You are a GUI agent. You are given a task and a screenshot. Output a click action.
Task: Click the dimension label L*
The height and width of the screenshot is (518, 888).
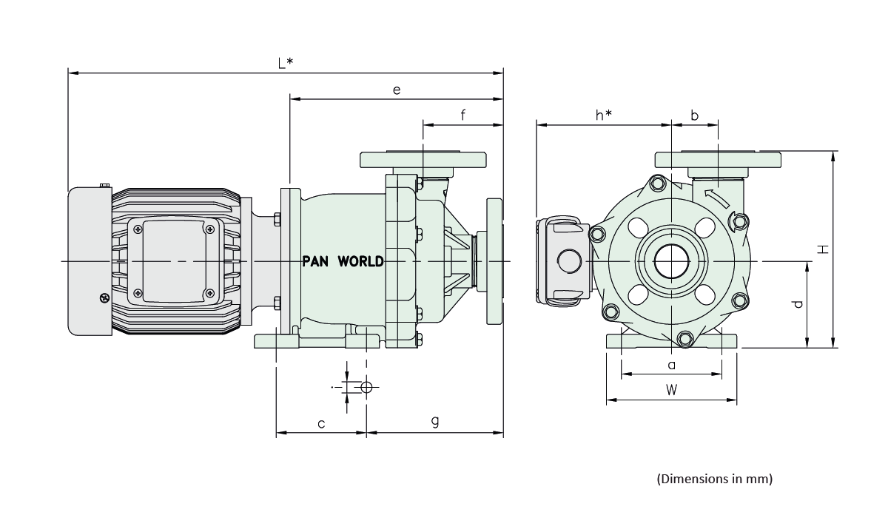pos(286,63)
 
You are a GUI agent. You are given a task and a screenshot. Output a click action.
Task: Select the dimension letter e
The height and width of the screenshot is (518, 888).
pos(397,90)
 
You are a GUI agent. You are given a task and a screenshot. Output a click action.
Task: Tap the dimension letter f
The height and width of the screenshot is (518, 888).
pos(462,115)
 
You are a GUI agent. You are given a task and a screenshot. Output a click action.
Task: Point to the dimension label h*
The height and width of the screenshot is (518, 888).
pos(603,115)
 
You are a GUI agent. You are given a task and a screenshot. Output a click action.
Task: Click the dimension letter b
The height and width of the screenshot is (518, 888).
pos(694,115)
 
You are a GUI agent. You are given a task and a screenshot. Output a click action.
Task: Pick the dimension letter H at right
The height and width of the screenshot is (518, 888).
pos(822,249)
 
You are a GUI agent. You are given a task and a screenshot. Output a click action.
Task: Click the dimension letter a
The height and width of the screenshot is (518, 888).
pos(671,365)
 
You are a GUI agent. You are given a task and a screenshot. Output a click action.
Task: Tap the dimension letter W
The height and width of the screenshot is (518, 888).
pos(670,391)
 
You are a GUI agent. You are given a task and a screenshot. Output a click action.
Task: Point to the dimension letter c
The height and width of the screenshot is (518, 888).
pos(321,423)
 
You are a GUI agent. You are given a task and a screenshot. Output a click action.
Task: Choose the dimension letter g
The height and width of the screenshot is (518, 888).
pos(435,422)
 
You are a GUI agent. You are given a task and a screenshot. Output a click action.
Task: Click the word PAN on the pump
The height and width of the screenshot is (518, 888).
pos(317,261)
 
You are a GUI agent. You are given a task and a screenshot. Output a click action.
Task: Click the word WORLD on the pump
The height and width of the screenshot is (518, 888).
pos(360,261)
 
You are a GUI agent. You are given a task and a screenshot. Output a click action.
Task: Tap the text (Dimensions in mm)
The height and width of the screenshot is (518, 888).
pos(714,479)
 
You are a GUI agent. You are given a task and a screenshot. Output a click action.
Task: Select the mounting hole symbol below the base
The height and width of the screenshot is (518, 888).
pos(366,386)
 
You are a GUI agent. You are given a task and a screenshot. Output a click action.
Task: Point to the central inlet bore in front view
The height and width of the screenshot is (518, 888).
pos(670,262)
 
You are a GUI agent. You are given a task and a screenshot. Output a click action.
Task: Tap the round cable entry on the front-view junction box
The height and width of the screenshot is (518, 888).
pos(571,260)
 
